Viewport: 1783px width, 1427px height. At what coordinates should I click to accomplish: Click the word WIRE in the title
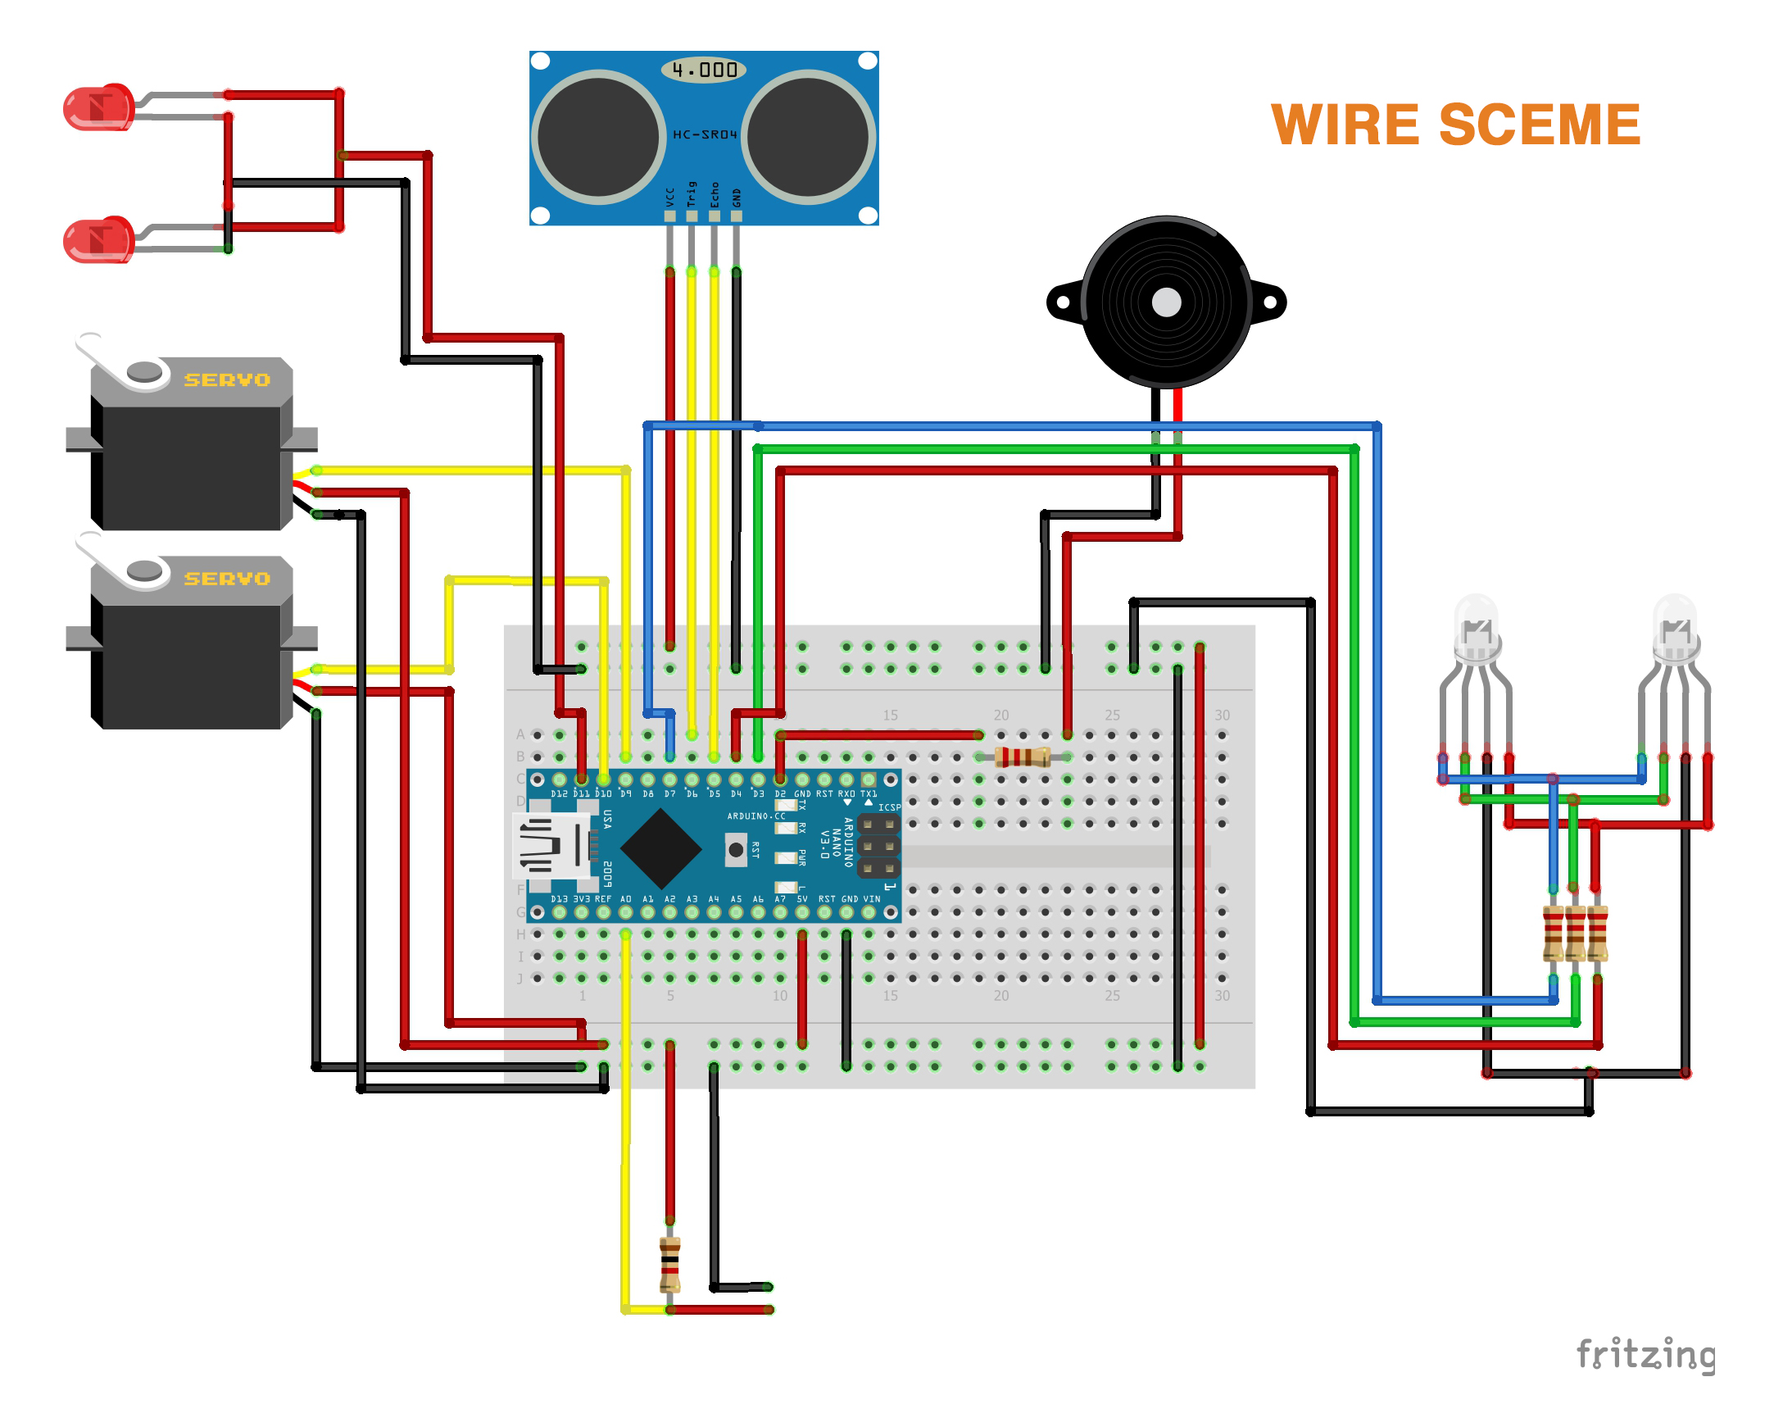point(1345,125)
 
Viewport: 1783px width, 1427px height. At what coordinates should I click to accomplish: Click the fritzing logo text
point(1645,1355)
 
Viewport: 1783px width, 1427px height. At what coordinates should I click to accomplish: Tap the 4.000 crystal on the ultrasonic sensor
point(703,70)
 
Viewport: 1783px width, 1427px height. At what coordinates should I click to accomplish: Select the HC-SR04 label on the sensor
point(704,135)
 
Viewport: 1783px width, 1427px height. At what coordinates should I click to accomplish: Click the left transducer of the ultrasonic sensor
point(598,138)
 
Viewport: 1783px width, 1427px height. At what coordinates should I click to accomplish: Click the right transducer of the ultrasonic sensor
point(808,138)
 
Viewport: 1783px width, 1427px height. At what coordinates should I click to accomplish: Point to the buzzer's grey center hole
point(1166,302)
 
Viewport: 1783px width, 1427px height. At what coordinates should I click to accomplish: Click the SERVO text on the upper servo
point(227,380)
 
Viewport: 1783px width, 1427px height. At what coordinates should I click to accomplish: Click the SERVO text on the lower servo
point(227,579)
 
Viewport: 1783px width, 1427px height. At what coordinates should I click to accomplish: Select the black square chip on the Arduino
point(660,849)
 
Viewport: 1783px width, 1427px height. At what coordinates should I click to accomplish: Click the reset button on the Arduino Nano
point(735,851)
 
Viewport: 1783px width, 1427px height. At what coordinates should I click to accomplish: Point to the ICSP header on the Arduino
point(878,846)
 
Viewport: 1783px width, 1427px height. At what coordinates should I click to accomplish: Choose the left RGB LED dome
point(1477,629)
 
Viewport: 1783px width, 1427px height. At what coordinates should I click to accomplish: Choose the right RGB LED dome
point(1675,629)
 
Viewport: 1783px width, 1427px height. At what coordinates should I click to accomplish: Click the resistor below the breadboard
point(670,1264)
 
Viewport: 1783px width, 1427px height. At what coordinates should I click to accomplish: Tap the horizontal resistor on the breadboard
point(1022,757)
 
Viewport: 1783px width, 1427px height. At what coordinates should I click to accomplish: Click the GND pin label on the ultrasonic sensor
point(736,198)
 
